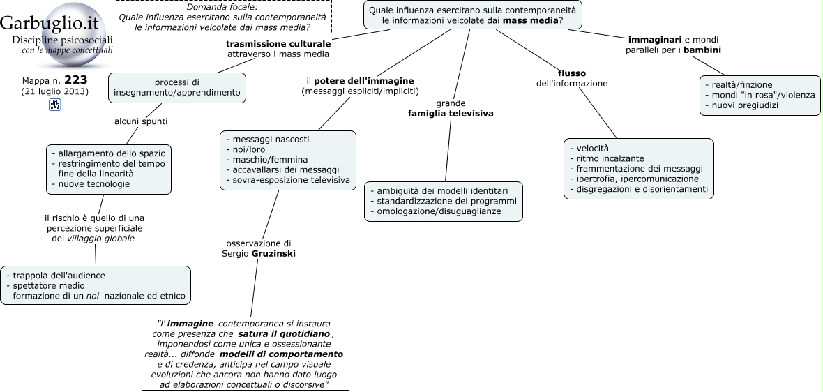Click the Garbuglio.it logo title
(x=50, y=24)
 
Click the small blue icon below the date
(x=55, y=105)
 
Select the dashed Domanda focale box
(x=224, y=17)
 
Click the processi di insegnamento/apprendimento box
(x=177, y=88)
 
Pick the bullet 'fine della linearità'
(x=92, y=174)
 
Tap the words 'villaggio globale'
(x=100, y=239)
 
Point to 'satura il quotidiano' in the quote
(x=283, y=333)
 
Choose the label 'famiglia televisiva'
(x=451, y=114)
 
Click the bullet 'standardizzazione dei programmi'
(x=444, y=201)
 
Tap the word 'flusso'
(x=572, y=73)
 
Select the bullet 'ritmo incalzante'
(x=607, y=158)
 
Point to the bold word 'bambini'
(x=702, y=50)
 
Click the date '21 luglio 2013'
(x=55, y=91)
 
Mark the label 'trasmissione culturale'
(x=278, y=43)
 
